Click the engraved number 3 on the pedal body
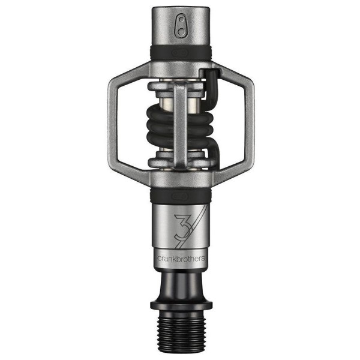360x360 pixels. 182,226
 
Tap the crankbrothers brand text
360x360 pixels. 181,258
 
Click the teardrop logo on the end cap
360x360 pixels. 181,25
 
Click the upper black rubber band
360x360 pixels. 181,53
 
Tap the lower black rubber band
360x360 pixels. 181,196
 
